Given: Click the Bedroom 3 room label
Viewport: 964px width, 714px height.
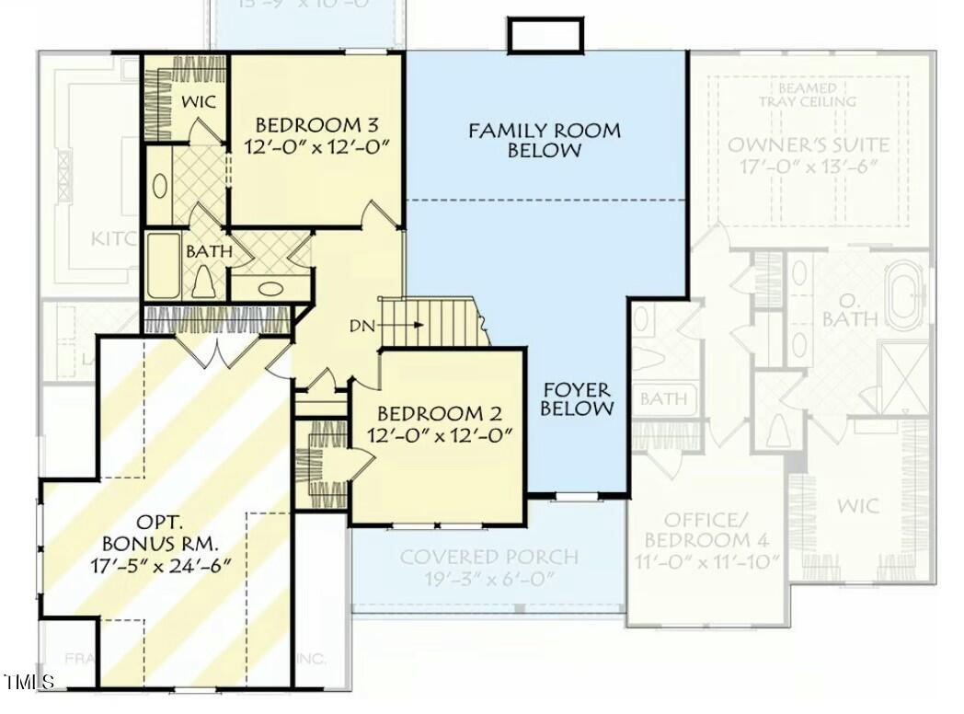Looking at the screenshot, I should pos(316,125).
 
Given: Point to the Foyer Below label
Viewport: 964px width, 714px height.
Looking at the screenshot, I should pos(577,398).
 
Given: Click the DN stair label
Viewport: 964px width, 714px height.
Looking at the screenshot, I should pos(361,326).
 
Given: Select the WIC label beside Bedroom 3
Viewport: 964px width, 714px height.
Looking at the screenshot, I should pos(198,101).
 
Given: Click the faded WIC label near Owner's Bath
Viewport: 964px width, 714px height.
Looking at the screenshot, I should pos(857,506).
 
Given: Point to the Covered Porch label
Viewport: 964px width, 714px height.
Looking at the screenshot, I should pos(488,557).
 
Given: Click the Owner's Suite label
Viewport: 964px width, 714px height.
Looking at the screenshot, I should pos(808,144).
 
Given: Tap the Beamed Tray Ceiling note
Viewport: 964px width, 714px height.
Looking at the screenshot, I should pos(807,94).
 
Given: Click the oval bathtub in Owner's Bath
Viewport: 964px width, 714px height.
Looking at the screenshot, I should pos(908,288).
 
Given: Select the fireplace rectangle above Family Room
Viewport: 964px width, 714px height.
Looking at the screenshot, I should pos(545,36).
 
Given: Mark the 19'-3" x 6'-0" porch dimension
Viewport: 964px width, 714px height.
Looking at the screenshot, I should pos(488,580).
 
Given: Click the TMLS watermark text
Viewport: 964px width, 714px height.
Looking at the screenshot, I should pos(29,682).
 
